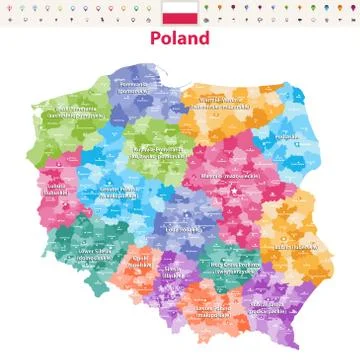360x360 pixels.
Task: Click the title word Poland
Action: click(x=180, y=38)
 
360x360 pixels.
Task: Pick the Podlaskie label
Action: click(x=287, y=140)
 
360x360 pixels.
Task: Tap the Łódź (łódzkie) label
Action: click(x=185, y=228)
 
